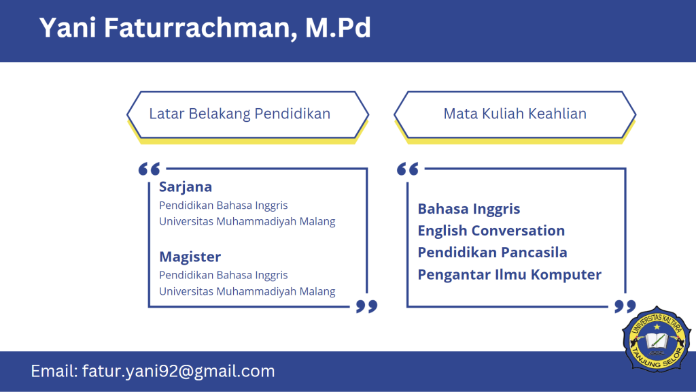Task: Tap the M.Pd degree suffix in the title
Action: tap(338, 27)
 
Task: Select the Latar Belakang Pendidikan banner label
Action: tap(240, 114)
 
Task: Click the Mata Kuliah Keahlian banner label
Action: tap(515, 114)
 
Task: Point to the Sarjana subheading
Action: tap(186, 187)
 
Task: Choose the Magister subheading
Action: tap(190, 257)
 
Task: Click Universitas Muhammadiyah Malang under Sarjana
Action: tap(247, 221)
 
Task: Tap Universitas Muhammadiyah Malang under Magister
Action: tap(247, 291)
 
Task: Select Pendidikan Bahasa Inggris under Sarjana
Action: tap(223, 206)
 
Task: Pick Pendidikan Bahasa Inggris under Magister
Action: tap(223, 275)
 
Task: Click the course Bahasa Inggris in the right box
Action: tap(469, 209)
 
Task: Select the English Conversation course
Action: tap(491, 231)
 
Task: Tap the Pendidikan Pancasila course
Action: tap(492, 252)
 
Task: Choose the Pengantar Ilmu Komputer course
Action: tap(510, 275)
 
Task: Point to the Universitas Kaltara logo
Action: tap(657, 339)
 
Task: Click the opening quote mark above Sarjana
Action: tap(149, 169)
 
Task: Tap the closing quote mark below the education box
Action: tap(366, 306)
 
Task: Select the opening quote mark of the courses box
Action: tap(408, 169)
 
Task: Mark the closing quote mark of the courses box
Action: tap(625, 306)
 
